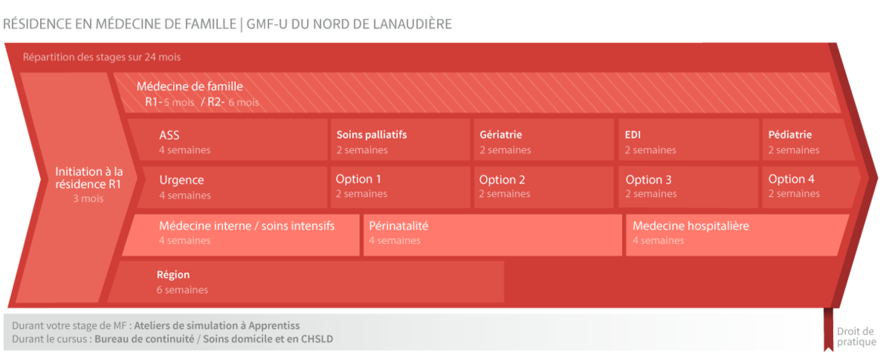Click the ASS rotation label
point(169,135)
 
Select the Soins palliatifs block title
point(371,135)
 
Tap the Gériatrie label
point(500,135)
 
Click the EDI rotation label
point(633,135)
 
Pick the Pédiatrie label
point(790,135)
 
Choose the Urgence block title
point(181,180)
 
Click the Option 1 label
point(358,179)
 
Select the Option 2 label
point(502,180)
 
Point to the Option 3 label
point(649,180)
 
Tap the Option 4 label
point(791,179)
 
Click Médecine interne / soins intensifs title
point(247,226)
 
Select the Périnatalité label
point(398,226)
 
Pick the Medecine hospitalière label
point(691,226)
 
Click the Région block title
point(173,275)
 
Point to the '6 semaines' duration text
point(182,291)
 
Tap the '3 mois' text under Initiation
point(88,199)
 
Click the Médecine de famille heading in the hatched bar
point(190,88)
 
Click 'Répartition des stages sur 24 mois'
point(102,57)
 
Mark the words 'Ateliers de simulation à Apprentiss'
point(217,326)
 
